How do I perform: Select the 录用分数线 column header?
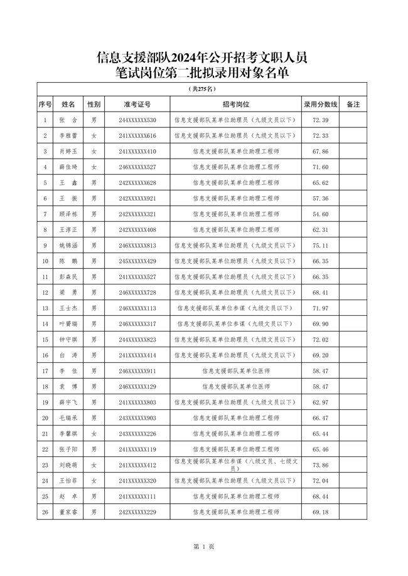click(321, 104)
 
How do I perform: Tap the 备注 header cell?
click(353, 104)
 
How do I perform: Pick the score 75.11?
click(321, 245)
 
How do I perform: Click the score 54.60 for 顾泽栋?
click(321, 214)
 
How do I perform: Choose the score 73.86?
click(321, 465)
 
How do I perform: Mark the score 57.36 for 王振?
click(321, 198)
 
